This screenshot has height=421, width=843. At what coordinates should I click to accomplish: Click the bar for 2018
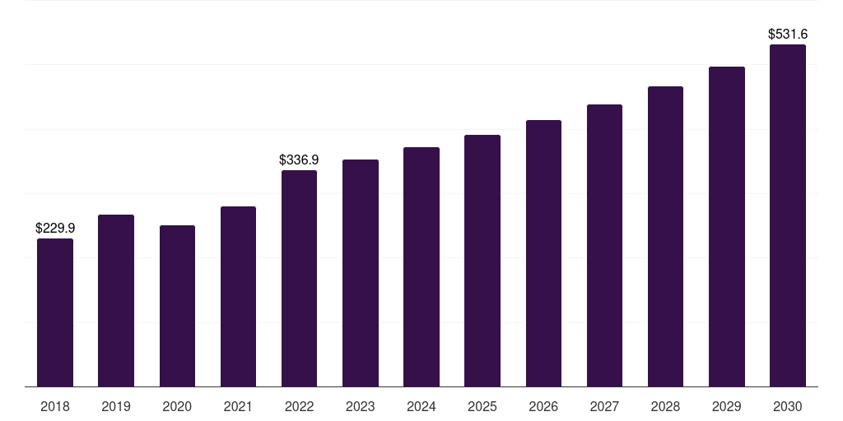[x=55, y=312]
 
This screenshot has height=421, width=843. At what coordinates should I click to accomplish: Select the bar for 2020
[x=178, y=306]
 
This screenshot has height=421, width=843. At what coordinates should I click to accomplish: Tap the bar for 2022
[x=299, y=278]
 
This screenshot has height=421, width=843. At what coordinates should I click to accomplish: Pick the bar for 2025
[x=482, y=261]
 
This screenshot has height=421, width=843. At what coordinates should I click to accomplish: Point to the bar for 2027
[x=604, y=245]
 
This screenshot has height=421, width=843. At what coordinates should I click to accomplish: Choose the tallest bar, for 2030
[x=788, y=215]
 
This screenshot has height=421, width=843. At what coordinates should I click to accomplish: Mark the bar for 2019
[x=116, y=301]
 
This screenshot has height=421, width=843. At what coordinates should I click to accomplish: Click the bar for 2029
[x=727, y=227]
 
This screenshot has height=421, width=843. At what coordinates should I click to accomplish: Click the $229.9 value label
[x=55, y=228]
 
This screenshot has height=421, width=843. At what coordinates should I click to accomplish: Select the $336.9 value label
[x=299, y=160]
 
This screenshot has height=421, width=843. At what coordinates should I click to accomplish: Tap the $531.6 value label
[x=788, y=34]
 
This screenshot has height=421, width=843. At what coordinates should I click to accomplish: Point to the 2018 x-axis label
[x=55, y=406]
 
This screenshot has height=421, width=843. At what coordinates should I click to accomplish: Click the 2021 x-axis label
[x=238, y=406]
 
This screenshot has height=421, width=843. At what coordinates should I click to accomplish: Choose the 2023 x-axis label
[x=361, y=406]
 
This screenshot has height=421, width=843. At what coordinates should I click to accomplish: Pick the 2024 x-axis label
[x=421, y=406]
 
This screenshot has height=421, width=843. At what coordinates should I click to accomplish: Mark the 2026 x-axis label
[x=543, y=406]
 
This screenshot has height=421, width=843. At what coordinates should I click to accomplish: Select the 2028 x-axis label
[x=665, y=406]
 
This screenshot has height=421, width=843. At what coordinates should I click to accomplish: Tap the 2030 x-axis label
[x=788, y=406]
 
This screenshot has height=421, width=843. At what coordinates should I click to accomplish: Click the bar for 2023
[x=361, y=273]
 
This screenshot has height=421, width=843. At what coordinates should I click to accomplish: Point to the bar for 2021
[x=238, y=296]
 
